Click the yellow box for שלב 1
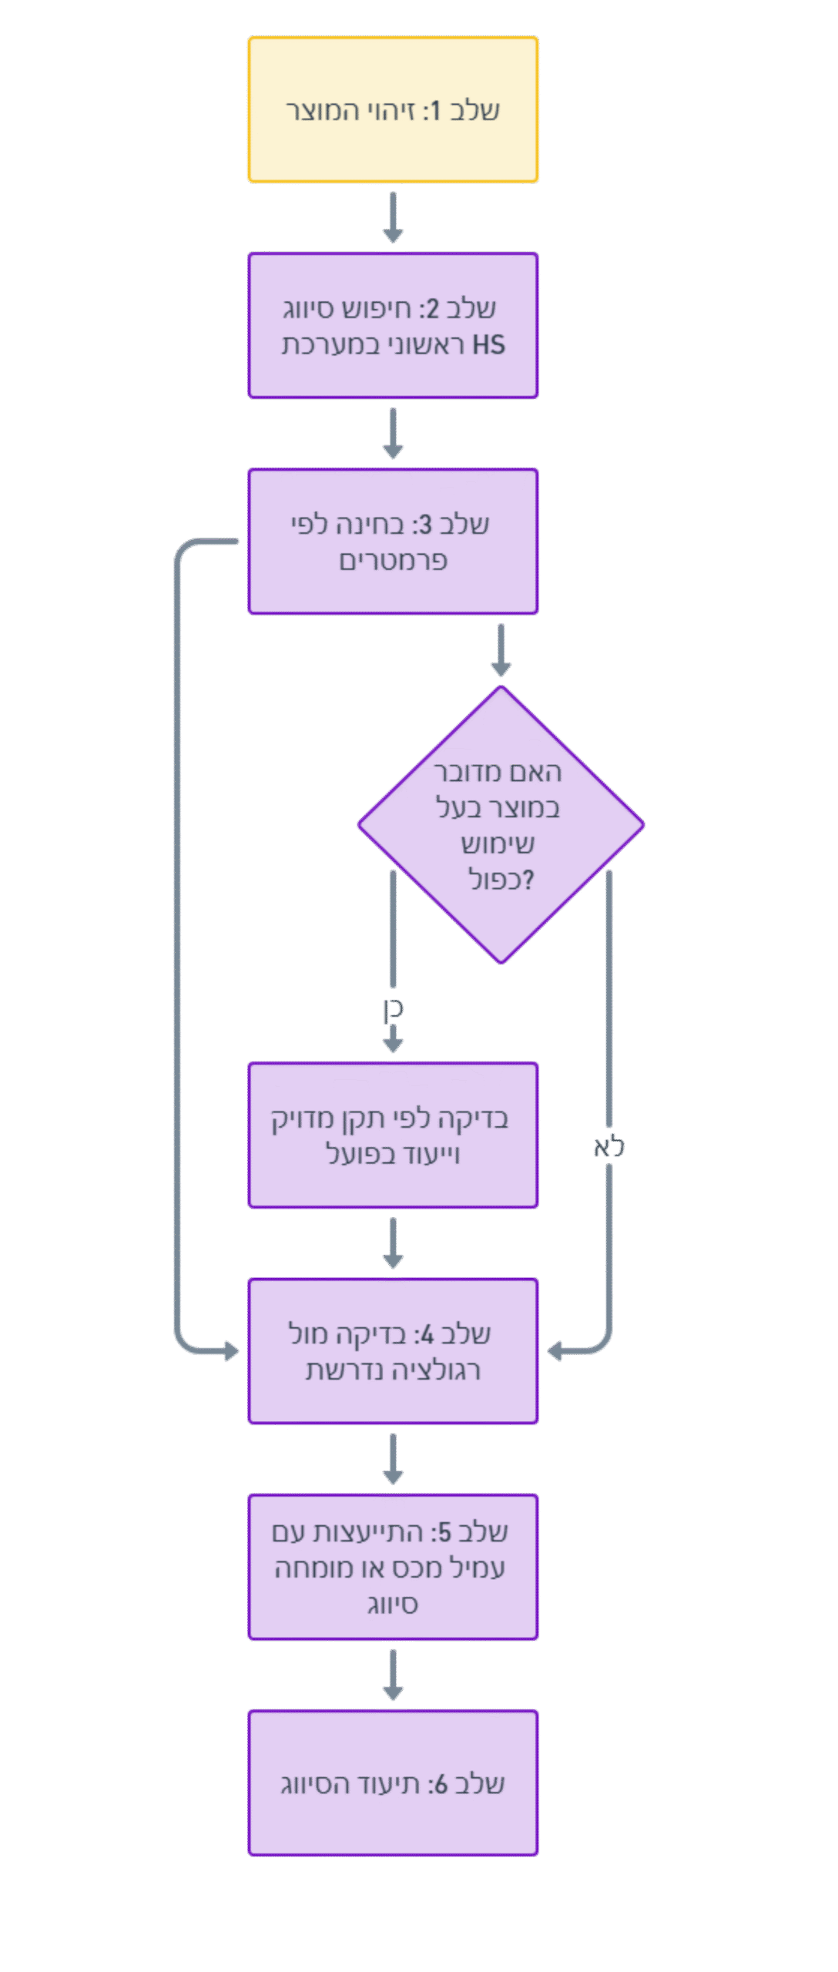(393, 109)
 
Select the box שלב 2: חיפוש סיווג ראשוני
(393, 325)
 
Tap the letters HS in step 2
(488, 345)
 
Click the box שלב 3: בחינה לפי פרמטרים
(393, 542)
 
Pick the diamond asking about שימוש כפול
(501, 824)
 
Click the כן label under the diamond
(393, 1010)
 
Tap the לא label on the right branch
(608, 1147)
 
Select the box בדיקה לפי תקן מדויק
(393, 1135)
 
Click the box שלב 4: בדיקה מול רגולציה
(393, 1351)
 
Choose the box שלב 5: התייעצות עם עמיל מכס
(393, 1567)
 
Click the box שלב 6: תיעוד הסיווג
(393, 1783)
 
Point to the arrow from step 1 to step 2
(393, 217)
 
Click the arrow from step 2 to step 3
(393, 433)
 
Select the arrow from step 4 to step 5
(393, 1458)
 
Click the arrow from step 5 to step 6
(393, 1674)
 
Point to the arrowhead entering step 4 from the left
(230, 1351)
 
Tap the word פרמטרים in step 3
(393, 561)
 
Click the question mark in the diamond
(528, 880)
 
